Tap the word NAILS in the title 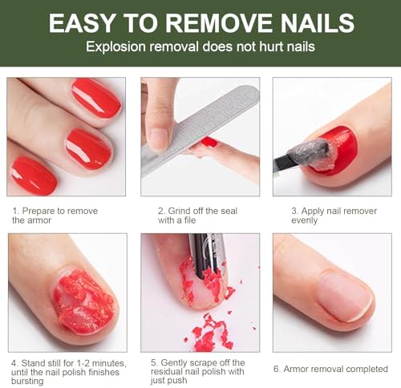click(x=318, y=22)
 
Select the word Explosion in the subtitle click(x=115, y=46)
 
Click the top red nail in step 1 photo click(x=96, y=99)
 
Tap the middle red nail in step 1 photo click(x=89, y=148)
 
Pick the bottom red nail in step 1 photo click(x=34, y=176)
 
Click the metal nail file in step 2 click(x=200, y=130)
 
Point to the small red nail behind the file click(x=210, y=142)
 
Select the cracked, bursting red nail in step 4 click(x=84, y=301)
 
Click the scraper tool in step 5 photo click(x=206, y=255)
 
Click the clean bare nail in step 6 click(x=346, y=295)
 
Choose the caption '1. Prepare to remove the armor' click(x=55, y=216)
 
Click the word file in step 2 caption click(x=189, y=220)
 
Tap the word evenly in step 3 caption click(x=305, y=220)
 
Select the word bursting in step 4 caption click(x=27, y=381)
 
